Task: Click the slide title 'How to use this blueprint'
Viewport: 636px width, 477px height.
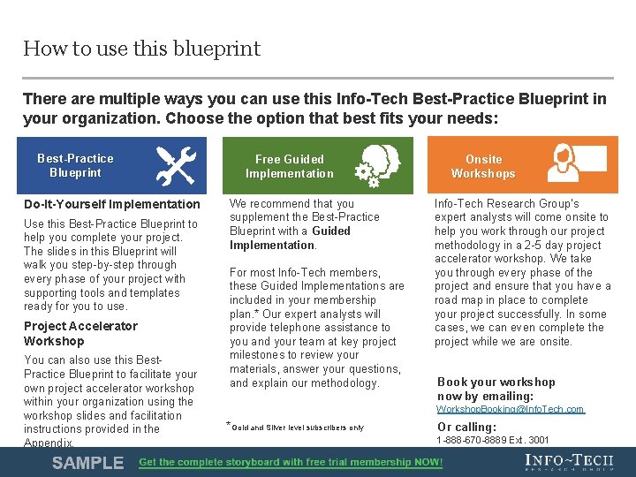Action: pyautogui.click(x=141, y=49)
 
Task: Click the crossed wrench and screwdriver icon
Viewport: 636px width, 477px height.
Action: pyautogui.click(x=175, y=165)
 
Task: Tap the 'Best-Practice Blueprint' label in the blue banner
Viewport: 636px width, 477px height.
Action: pyautogui.click(x=75, y=165)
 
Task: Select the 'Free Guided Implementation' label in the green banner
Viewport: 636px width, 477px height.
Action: pyautogui.click(x=290, y=166)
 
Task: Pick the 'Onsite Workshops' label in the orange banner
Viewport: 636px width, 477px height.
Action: pyautogui.click(x=483, y=166)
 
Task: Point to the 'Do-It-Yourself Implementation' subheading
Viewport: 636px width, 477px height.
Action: pyautogui.click(x=112, y=204)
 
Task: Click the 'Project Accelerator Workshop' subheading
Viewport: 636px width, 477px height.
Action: pyautogui.click(x=80, y=333)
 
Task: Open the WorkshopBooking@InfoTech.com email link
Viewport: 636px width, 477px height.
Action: pyautogui.click(x=511, y=409)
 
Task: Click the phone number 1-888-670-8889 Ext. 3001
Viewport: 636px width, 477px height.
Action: pyautogui.click(x=493, y=440)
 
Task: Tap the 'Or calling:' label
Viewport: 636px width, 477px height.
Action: pyautogui.click(x=466, y=427)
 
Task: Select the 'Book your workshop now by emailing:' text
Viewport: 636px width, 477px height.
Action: pyautogui.click(x=496, y=389)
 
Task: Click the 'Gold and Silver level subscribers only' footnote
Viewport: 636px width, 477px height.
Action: pyautogui.click(x=299, y=428)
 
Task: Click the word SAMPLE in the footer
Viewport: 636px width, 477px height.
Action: pyautogui.click(x=87, y=463)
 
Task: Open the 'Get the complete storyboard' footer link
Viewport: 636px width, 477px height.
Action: pyautogui.click(x=291, y=463)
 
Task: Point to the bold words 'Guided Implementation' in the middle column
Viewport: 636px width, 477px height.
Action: pyautogui.click(x=289, y=238)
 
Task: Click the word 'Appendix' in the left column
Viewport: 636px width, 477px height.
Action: pyautogui.click(x=49, y=443)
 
